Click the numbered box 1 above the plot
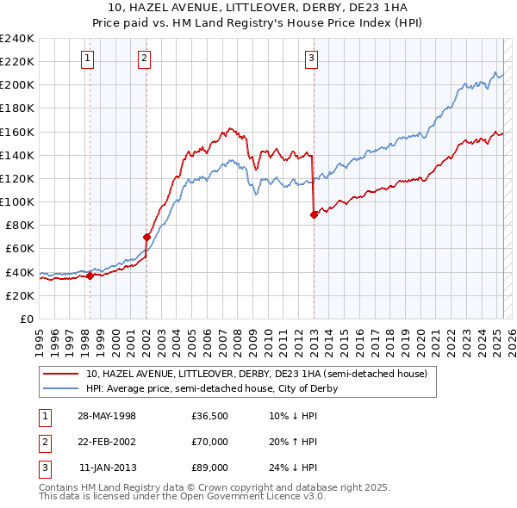pos(89,59)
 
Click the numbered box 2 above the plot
pos(144,59)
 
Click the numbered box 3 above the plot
pos(311,59)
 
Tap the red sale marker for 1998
pos(90,276)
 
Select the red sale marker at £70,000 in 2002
pos(146,237)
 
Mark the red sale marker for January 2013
pos(314,214)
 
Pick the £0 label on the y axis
pos(27,319)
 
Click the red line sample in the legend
pos(61,374)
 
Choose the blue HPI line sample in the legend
pos(61,388)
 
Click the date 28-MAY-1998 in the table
pos(107,417)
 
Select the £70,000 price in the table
pos(209,442)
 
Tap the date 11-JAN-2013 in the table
pos(108,467)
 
